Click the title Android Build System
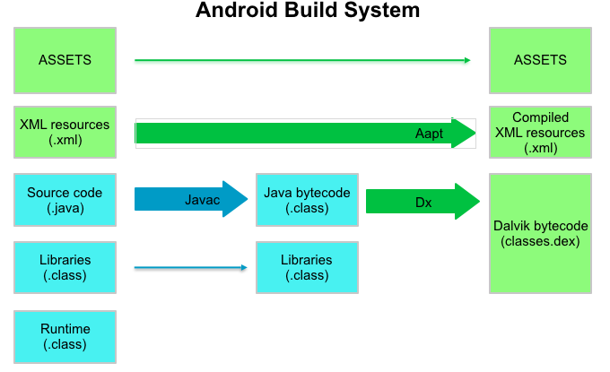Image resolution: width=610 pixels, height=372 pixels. (308, 11)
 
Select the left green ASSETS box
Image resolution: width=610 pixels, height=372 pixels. (65, 60)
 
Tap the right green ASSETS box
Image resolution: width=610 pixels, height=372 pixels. (540, 60)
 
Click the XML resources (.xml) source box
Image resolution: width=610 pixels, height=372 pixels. (65, 133)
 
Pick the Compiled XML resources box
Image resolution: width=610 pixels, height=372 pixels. (540, 132)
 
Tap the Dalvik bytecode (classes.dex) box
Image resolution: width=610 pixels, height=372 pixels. (540, 233)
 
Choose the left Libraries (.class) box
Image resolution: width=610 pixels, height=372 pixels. (65, 267)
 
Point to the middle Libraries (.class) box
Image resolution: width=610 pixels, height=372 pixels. (307, 267)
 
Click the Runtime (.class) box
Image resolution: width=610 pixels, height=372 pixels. (65, 336)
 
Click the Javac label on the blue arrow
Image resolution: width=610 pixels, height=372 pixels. (202, 199)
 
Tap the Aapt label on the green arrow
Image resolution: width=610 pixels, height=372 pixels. (430, 134)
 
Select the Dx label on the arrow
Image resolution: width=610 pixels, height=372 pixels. (423, 203)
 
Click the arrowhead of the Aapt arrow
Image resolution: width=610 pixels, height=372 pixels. (464, 134)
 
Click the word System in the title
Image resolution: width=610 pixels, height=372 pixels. (380, 11)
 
